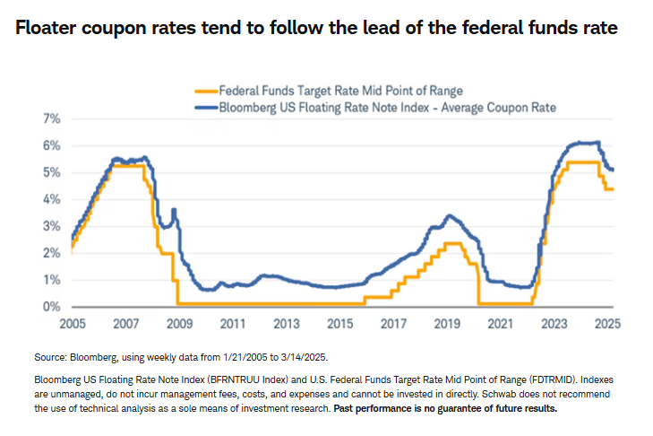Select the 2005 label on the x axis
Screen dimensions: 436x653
(x=72, y=323)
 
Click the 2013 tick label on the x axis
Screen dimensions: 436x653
(x=288, y=323)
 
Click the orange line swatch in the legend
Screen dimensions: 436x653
(x=209, y=91)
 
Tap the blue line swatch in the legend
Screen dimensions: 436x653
(x=209, y=108)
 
